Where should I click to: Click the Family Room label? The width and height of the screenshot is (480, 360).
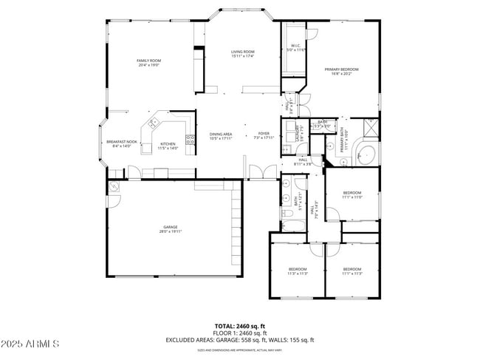(x=148, y=62)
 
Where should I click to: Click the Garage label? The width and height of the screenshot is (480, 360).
(x=171, y=228)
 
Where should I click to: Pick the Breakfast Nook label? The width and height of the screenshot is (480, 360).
(x=122, y=143)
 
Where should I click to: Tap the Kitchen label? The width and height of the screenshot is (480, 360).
(x=168, y=146)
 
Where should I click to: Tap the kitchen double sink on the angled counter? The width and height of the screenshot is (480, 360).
(x=154, y=123)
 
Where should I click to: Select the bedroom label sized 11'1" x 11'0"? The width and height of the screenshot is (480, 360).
(x=352, y=194)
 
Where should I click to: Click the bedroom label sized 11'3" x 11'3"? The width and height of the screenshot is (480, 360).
(x=297, y=270)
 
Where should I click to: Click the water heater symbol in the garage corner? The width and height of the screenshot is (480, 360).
(x=114, y=187)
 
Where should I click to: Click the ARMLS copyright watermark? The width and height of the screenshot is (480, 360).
(x=32, y=345)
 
